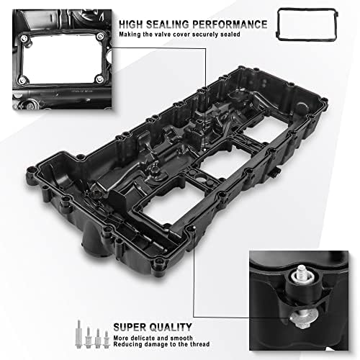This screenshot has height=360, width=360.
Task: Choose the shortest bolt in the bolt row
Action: [105, 336]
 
